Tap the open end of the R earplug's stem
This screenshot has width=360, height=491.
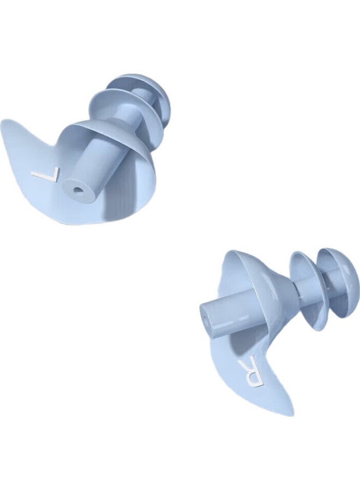tap(206, 317)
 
